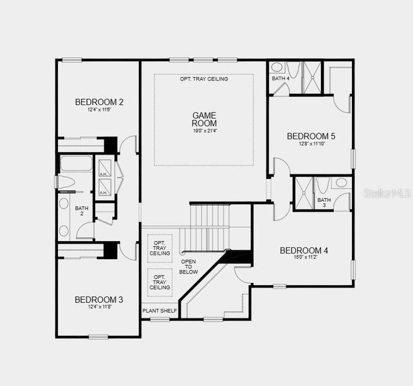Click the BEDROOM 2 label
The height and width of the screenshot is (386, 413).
[x=99, y=102]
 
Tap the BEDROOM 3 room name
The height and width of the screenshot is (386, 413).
[x=99, y=299]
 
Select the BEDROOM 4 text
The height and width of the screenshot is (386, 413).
[x=304, y=250]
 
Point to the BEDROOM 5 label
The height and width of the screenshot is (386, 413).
[x=311, y=136]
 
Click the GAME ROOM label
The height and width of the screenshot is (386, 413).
[x=204, y=120]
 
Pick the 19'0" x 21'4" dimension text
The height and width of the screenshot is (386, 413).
[x=204, y=131]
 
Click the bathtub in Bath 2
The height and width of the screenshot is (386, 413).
[x=76, y=163]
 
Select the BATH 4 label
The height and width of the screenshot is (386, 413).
[x=280, y=78]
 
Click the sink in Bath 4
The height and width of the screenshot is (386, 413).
[x=277, y=67]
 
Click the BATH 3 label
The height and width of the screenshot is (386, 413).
[x=324, y=203]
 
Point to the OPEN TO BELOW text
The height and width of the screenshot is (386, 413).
[x=188, y=267]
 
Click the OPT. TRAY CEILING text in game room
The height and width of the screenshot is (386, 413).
[x=203, y=78]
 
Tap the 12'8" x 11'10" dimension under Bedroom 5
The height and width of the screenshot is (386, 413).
[x=311, y=145]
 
